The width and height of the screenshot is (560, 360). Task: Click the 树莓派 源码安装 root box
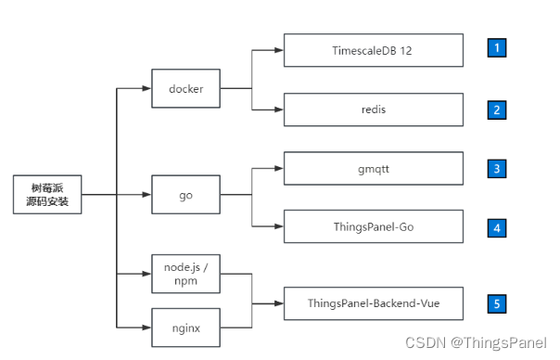[47, 195]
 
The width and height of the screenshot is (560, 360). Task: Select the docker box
[186, 89]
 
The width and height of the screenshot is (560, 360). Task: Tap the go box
[186, 195]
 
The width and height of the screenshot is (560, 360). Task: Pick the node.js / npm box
[186, 274]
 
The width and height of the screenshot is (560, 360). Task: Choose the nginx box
[186, 326]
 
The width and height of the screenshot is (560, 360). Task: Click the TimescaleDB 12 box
[373, 50]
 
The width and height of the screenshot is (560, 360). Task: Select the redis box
[373, 109]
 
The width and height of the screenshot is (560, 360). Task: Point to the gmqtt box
[373, 169]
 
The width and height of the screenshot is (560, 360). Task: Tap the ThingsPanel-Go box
[373, 226]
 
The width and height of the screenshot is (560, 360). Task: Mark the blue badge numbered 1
[498, 49]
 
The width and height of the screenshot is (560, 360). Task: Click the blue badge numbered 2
[498, 109]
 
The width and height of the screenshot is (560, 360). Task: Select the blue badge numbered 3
[498, 169]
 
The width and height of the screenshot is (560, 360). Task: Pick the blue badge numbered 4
[498, 226]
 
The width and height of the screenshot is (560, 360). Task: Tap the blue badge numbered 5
[498, 302]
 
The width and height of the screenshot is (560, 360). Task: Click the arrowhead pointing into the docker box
[146, 89]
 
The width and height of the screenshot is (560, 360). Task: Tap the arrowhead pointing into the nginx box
[146, 326]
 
